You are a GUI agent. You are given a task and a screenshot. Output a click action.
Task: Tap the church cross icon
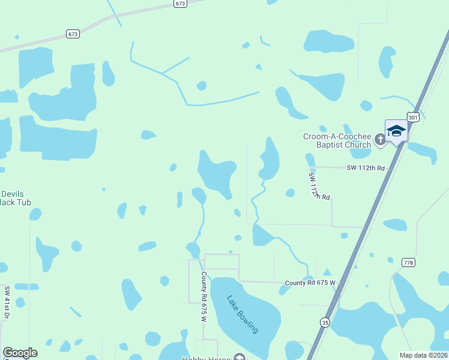pyautogui.click(x=379, y=140)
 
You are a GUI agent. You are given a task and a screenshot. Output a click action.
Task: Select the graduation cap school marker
pyautogui.click(x=396, y=130)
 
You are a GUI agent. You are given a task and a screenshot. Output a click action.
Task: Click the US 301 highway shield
pyautogui.click(x=412, y=118)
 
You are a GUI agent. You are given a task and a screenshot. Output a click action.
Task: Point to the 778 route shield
pyautogui.click(x=409, y=263)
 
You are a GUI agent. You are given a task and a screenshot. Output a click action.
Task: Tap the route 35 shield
pyautogui.click(x=325, y=340)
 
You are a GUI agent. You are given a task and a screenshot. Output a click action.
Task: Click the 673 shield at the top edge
pyautogui.click(x=181, y=4)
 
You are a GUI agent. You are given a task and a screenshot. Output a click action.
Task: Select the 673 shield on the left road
pyautogui.click(x=73, y=34)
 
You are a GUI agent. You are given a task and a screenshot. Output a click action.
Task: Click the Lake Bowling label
pyautogui.click(x=243, y=314)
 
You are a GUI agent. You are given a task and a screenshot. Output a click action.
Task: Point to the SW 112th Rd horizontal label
pyautogui.click(x=365, y=168)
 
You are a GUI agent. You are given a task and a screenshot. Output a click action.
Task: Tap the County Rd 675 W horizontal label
pyautogui.click(x=310, y=283)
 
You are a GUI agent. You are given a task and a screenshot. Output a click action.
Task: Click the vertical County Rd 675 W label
pyautogui.click(x=204, y=296)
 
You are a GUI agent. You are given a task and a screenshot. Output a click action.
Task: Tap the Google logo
pyautogui.click(x=20, y=353)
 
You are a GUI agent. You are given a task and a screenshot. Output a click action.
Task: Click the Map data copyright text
pyautogui.click(x=424, y=355)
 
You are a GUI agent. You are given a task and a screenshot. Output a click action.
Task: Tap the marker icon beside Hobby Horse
pyautogui.click(x=240, y=358)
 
